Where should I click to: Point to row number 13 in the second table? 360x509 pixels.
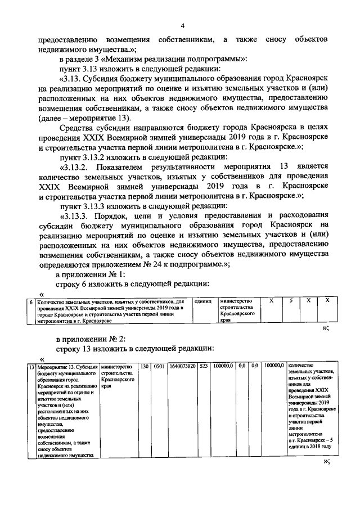click(x=31, y=367)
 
